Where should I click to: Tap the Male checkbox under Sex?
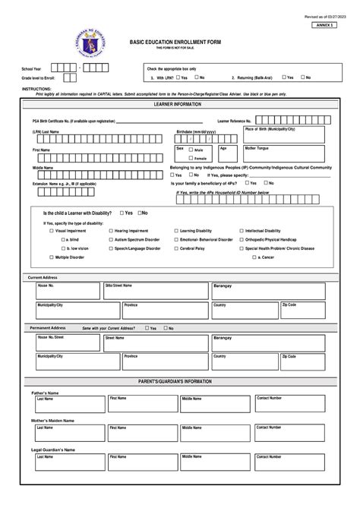tap(191, 151)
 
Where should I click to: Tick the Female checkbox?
tap(191, 159)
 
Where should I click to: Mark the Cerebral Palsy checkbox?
tap(175, 248)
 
